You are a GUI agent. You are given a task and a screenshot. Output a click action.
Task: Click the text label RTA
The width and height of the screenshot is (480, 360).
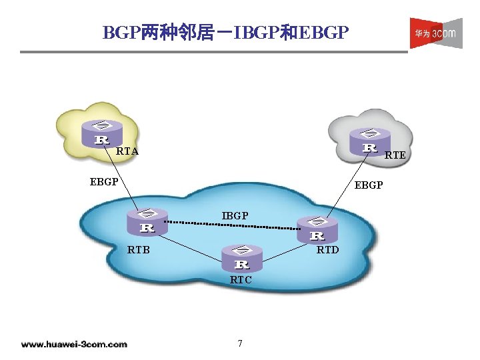127,151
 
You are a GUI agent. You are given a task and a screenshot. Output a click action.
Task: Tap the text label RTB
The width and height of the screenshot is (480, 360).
138,251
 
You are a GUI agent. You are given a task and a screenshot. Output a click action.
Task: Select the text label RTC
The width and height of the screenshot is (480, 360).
241,280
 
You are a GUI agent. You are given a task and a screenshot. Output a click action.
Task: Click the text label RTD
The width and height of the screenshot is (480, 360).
327,251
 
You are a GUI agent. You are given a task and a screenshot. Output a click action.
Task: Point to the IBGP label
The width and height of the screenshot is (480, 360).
235,215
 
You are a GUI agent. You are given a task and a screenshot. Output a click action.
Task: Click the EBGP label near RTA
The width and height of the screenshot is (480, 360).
104,181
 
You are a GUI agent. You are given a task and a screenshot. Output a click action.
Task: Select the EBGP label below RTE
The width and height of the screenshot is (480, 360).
369,185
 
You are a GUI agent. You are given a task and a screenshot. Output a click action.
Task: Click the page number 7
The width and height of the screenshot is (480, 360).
240,343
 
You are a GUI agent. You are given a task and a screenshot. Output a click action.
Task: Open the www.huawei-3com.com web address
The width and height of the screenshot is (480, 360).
74,345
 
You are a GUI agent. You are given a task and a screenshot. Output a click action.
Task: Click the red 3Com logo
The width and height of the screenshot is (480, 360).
435,33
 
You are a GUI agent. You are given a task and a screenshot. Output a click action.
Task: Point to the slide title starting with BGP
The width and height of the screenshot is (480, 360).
225,32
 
